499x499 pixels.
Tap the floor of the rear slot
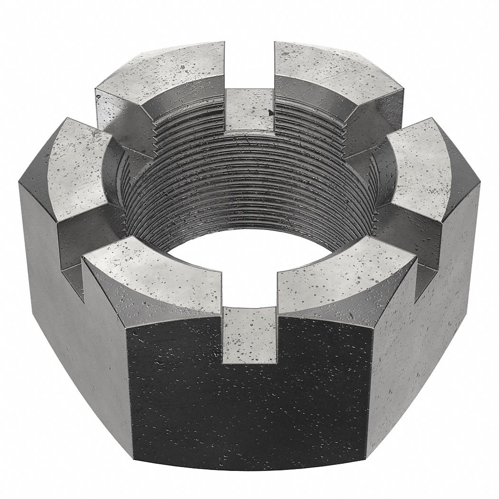249,111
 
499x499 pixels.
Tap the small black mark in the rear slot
270,113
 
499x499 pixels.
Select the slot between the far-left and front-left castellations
76,266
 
